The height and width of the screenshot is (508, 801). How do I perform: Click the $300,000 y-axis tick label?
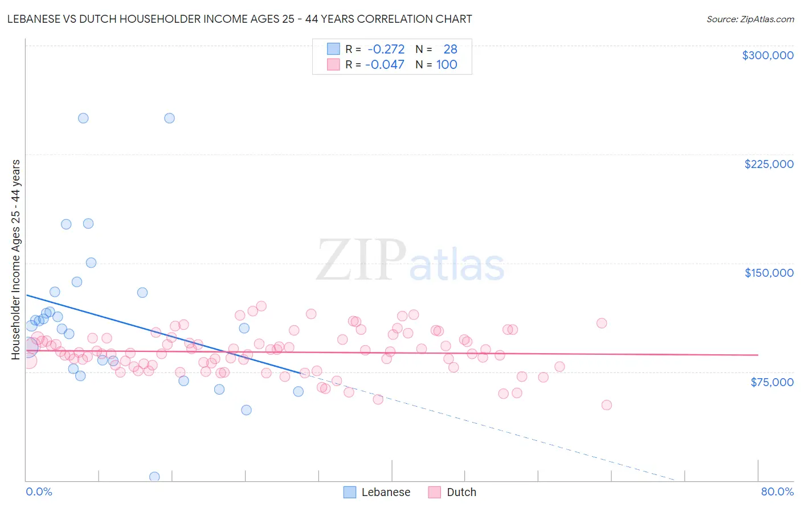coord(767,55)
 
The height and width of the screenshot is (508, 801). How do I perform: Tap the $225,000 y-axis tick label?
coord(769,164)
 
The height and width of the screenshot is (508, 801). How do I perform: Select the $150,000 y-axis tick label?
coord(769,273)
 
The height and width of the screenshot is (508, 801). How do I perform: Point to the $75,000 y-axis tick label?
coord(771,382)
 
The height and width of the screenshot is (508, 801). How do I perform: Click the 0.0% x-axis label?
coord(39,491)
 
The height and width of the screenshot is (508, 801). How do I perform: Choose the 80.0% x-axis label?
coord(777,491)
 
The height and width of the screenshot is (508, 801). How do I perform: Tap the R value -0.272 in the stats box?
coord(386,50)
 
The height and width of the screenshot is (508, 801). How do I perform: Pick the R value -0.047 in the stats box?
coord(385,65)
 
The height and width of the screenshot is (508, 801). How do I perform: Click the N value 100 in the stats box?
coord(447,65)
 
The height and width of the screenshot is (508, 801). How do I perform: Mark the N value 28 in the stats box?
coord(450,50)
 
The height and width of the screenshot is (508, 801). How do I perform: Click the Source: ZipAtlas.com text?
coord(750,19)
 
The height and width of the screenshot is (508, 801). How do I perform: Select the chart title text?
coord(239,19)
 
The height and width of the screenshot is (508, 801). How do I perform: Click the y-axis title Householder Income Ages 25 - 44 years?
coord(16,260)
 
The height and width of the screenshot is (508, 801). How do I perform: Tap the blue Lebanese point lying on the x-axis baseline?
coord(154,477)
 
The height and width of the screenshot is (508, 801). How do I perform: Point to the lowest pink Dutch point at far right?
coord(606,405)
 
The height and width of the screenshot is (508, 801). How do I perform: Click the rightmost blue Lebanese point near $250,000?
coord(169,118)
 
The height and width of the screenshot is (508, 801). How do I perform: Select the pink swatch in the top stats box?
coord(333,64)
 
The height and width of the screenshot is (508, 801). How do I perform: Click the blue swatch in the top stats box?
coord(333,49)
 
